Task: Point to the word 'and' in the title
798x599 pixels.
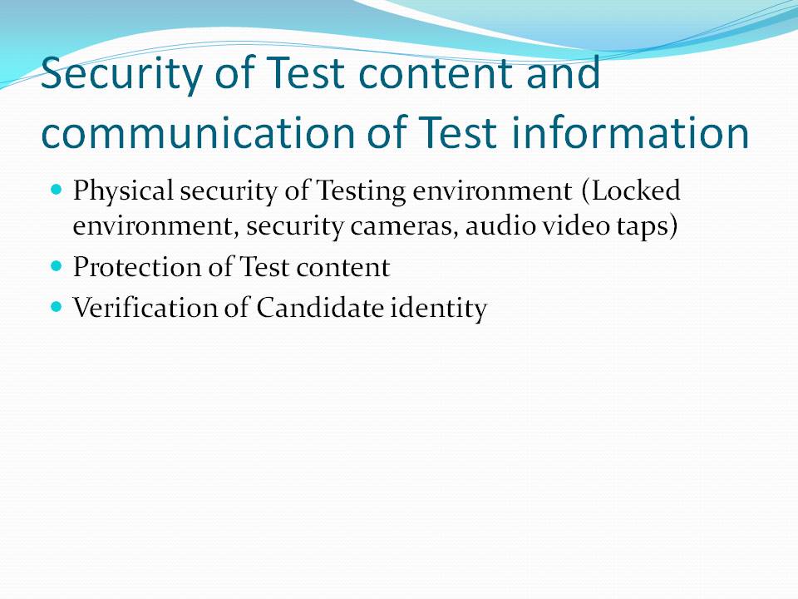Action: click(564, 74)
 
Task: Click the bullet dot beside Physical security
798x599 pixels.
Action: click(57, 190)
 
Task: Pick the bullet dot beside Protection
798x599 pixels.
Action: click(57, 266)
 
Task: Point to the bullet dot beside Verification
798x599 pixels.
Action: click(57, 307)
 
